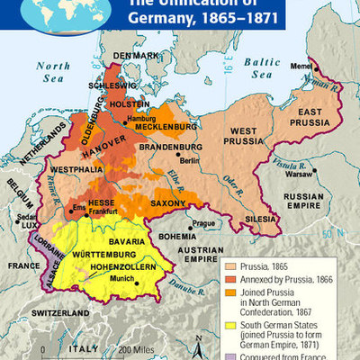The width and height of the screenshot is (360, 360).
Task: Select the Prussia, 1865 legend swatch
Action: [x=229, y=266]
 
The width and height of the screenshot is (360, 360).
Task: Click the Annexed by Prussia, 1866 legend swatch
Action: [x=229, y=280]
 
